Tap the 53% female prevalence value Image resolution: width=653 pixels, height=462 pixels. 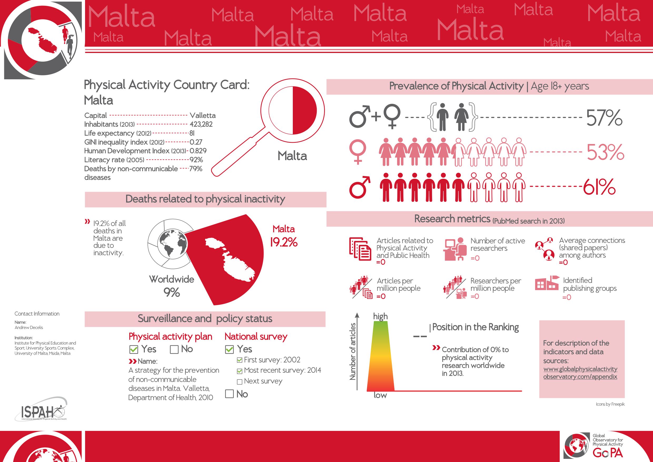pyautogui.click(x=605, y=152)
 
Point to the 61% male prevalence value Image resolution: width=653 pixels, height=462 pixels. pyautogui.click(x=600, y=187)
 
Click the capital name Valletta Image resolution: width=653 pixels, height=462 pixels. pyautogui.click(x=202, y=115)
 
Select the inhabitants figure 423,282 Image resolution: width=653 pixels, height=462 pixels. pyautogui.click(x=201, y=124)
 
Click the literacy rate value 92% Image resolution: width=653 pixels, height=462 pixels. pyautogui.click(x=196, y=160)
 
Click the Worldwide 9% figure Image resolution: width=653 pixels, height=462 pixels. pyautogui.click(x=171, y=292)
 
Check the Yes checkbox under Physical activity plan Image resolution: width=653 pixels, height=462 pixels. pyautogui.click(x=134, y=349)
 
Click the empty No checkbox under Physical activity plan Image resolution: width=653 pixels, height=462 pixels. pyautogui.click(x=174, y=349)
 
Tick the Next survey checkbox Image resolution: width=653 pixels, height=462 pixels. pyautogui.click(x=239, y=382)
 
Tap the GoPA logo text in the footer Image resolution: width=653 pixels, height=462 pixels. pyautogui.click(x=608, y=452)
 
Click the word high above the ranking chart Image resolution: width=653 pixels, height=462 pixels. pyautogui.click(x=380, y=316)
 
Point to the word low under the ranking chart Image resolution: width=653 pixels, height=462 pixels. pyautogui.click(x=380, y=395)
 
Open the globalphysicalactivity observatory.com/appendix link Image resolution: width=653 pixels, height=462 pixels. pyautogui.click(x=580, y=373)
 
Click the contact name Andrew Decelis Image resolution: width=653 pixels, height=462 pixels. pyautogui.click(x=29, y=327)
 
